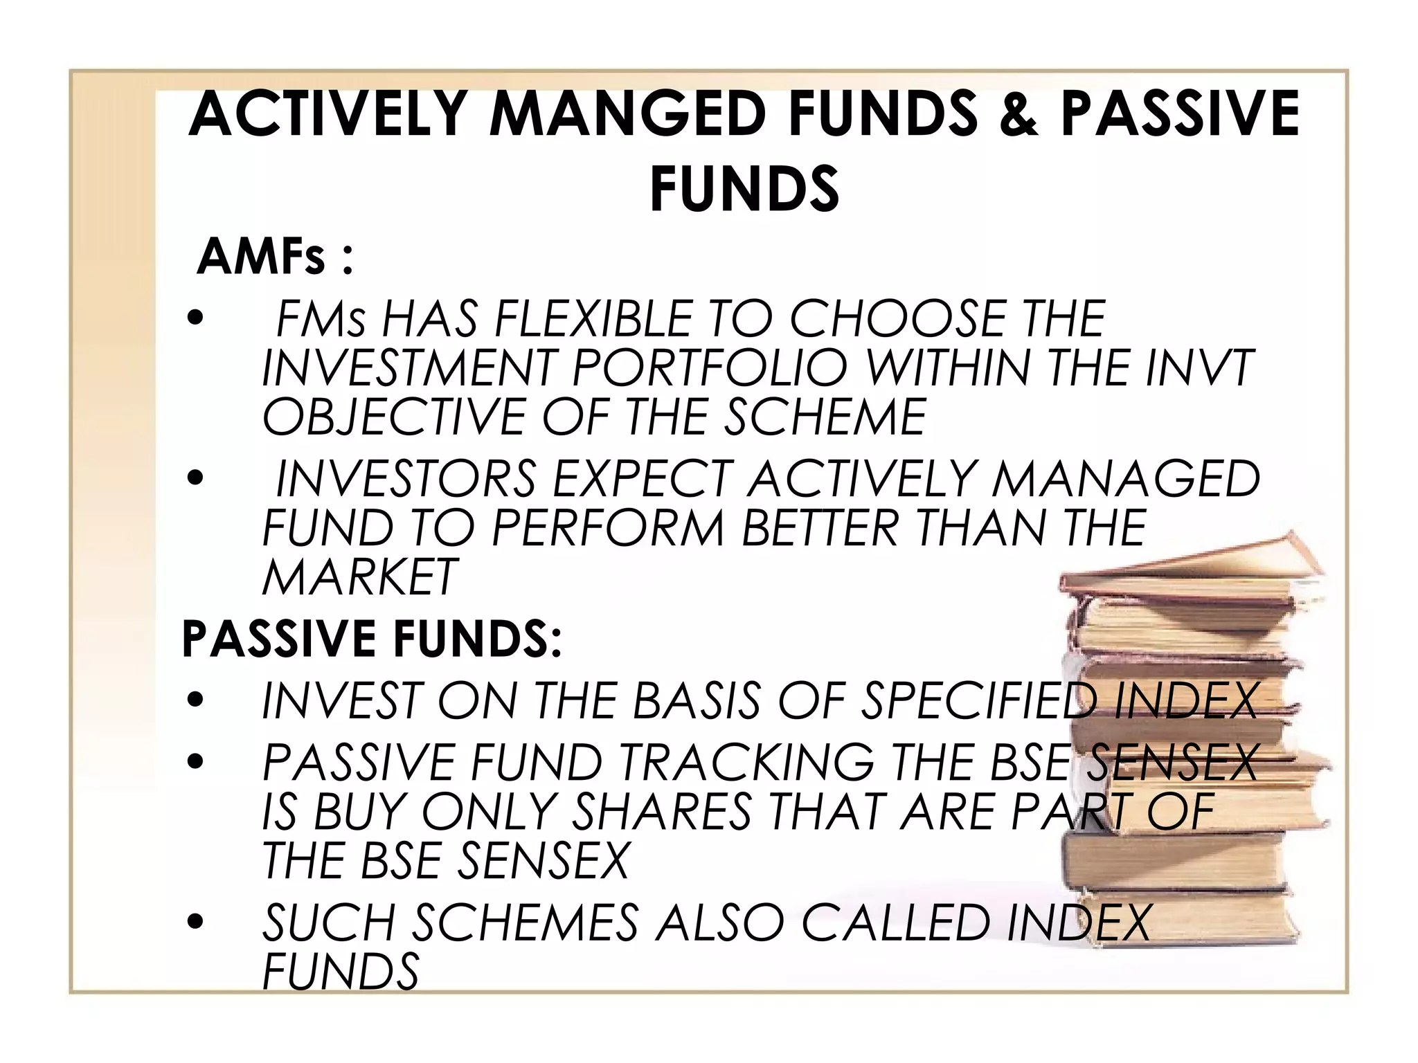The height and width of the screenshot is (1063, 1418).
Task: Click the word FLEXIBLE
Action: coord(593,319)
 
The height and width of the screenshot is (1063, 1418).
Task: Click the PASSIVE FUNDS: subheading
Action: coord(371,638)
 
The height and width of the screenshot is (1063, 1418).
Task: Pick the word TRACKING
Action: coord(746,763)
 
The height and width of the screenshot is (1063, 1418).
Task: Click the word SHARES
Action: coord(661,811)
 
